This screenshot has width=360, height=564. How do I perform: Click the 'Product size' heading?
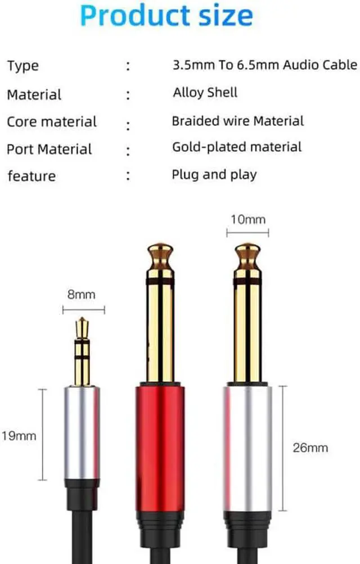click(x=166, y=17)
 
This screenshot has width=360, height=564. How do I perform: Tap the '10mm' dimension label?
click(x=247, y=219)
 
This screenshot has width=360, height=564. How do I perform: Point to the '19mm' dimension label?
click(x=19, y=435)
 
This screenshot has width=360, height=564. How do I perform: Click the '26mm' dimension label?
click(x=310, y=448)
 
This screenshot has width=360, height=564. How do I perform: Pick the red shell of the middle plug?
click(x=160, y=444)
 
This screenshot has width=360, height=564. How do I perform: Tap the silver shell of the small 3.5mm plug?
click(x=82, y=433)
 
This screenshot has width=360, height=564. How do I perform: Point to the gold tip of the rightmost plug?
click(x=247, y=256)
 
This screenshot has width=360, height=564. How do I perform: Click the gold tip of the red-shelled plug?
click(x=160, y=256)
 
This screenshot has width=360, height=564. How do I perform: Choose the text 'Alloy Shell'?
click(x=205, y=92)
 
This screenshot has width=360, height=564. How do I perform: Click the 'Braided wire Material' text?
click(x=237, y=120)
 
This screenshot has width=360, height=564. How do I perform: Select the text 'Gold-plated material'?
click(x=237, y=147)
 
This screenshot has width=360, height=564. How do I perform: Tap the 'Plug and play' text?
click(x=214, y=174)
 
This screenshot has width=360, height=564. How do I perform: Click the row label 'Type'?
click(x=22, y=66)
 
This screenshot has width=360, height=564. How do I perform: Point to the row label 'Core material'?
click(x=52, y=121)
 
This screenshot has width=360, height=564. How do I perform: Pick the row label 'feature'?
click(x=31, y=176)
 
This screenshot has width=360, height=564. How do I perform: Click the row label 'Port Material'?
click(x=49, y=149)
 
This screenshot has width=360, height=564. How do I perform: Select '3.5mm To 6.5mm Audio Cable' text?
click(x=264, y=65)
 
